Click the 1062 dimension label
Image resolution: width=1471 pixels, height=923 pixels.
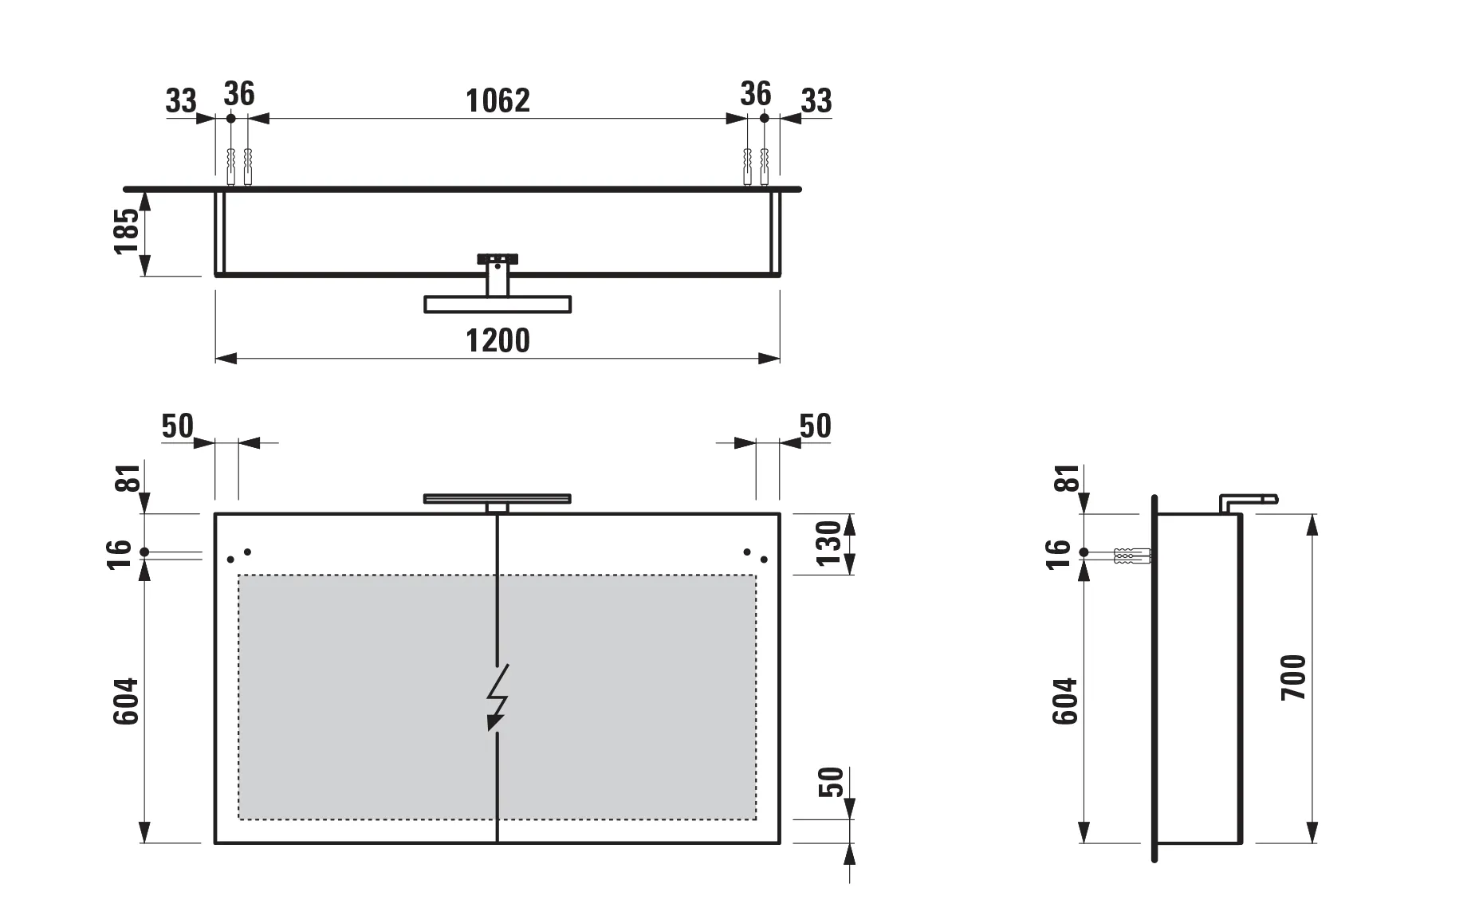click(x=498, y=100)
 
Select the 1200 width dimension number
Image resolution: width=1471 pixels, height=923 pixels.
click(x=498, y=340)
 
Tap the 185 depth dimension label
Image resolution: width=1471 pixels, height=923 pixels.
click(x=127, y=231)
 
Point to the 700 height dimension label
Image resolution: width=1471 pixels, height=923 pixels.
click(x=1293, y=678)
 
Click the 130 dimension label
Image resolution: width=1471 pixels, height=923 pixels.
click(x=829, y=544)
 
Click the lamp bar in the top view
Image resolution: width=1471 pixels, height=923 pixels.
click(x=498, y=304)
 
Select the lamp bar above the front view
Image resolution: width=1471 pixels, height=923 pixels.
click(x=498, y=499)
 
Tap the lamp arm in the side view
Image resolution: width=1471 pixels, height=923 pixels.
click(x=1249, y=501)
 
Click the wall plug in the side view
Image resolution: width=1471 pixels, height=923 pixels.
click(x=1131, y=556)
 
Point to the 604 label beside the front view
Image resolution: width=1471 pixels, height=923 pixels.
click(x=126, y=701)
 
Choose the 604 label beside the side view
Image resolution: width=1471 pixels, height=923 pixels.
click(x=1065, y=701)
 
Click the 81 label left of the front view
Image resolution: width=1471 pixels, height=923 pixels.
click(x=128, y=478)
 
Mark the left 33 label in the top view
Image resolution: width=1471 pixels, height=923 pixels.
click(x=181, y=101)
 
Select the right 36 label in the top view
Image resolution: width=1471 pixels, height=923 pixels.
click(x=755, y=94)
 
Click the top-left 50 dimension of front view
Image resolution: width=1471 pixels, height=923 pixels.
click(x=177, y=426)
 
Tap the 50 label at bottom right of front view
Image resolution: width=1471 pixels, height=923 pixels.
click(x=830, y=782)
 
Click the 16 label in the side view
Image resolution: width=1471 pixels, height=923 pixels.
click(x=1058, y=554)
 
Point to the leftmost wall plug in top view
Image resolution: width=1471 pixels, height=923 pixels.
click(x=231, y=166)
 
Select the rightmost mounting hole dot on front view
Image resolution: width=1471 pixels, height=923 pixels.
click(x=764, y=560)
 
